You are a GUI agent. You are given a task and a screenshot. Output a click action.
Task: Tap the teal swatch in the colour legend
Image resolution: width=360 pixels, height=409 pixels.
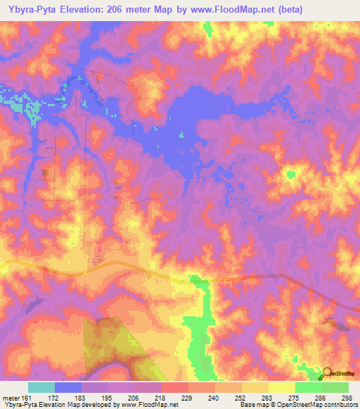pos(41,387)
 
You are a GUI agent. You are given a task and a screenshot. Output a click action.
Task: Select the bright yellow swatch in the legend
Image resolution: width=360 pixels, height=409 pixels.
pos(281,387)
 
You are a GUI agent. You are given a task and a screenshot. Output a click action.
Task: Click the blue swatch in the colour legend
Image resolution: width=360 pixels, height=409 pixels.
pos(68,387)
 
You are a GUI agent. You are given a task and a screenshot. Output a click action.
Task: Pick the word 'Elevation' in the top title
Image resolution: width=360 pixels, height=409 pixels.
pos(79,10)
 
